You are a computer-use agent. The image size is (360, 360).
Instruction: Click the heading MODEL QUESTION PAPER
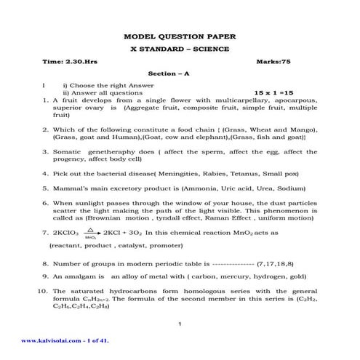coord(180,36)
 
